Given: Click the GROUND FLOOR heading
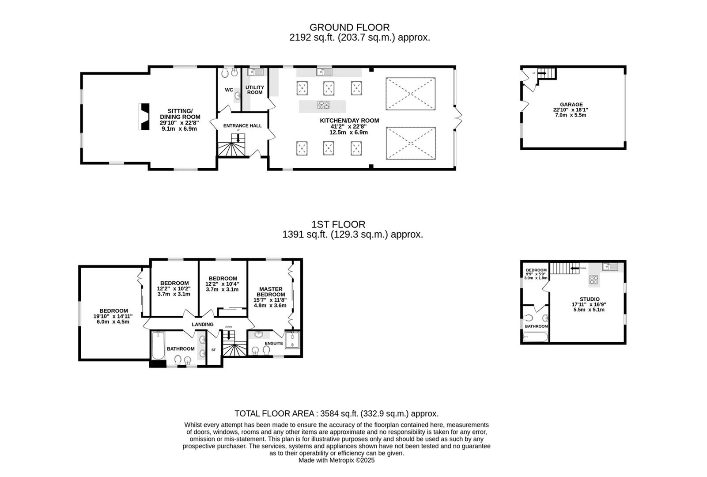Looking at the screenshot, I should click(349, 27).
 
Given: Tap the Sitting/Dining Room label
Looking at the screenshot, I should click(180, 114).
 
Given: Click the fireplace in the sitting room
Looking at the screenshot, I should click(144, 117).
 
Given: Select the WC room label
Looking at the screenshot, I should click(229, 90).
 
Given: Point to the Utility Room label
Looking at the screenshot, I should click(255, 90).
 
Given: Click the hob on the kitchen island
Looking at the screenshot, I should click(323, 105).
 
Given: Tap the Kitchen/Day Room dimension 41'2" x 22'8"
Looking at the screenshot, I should click(349, 126).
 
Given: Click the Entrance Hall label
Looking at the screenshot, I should click(242, 126).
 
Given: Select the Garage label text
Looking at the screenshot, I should click(571, 105).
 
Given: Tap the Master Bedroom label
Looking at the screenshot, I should click(270, 291).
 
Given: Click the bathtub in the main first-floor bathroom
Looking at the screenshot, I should click(158, 345).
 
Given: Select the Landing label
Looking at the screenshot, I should click(202, 325).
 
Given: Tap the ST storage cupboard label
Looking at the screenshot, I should click(213, 350).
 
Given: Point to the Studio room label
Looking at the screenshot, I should click(589, 299).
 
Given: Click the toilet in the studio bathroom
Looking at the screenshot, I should click(529, 318).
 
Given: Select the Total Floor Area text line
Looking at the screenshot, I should click(336, 414).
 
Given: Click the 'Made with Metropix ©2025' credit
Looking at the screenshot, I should click(336, 460).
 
